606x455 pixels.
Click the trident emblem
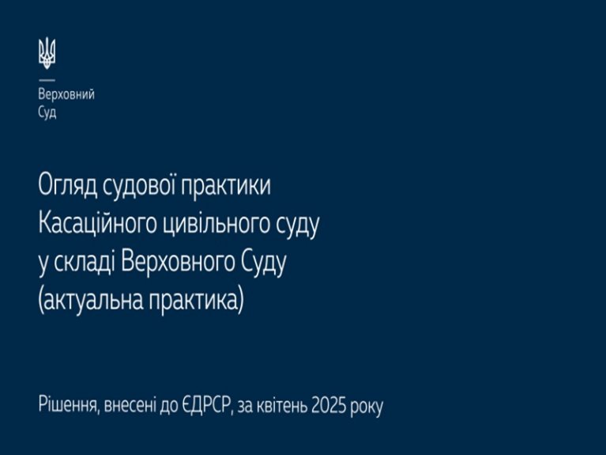tap(47, 54)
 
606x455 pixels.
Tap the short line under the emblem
tap(47, 80)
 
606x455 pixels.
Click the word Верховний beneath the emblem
tap(66, 94)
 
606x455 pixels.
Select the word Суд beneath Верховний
tap(47, 112)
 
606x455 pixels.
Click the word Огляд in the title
tap(68, 185)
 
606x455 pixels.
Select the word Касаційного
tap(98, 224)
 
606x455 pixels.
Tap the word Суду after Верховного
tap(264, 264)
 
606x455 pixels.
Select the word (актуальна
tap(91, 301)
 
